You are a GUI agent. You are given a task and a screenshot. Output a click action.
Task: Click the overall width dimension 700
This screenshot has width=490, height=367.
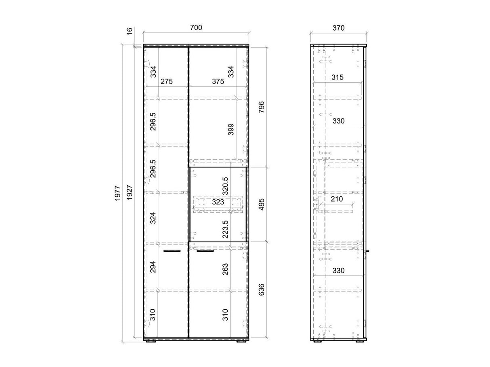[196, 28]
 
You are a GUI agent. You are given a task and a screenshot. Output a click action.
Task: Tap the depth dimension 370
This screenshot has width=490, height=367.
[338, 28]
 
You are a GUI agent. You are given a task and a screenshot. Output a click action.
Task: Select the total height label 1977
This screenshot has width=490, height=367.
[117, 193]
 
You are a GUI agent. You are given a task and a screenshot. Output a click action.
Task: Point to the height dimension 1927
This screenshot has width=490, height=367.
[130, 192]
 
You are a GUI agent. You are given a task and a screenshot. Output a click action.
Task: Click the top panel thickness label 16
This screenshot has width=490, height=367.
[130, 31]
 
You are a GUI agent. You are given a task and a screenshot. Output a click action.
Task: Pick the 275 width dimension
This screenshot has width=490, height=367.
[167, 81]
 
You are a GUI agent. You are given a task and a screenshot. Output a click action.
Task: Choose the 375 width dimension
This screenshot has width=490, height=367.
[218, 81]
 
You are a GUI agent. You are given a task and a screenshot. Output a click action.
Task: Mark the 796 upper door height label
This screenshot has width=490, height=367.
[261, 107]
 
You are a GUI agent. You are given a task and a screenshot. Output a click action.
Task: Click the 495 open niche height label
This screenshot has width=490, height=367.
[261, 204]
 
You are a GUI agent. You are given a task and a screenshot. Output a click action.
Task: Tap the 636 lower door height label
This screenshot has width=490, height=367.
[261, 290]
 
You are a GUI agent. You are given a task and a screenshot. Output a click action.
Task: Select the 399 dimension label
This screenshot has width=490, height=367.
[231, 129]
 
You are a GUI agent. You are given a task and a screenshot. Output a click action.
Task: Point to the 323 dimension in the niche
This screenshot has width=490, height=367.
[218, 202]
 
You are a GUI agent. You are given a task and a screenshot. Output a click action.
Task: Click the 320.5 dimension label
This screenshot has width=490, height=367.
[225, 186]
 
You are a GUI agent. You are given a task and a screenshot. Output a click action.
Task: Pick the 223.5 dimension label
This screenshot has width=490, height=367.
[225, 229]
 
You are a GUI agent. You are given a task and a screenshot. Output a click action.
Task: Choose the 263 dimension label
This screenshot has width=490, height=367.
[225, 269]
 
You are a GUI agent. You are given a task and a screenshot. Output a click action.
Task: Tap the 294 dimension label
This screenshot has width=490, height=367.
[153, 267]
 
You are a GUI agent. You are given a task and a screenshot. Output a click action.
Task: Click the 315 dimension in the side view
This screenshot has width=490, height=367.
[337, 77]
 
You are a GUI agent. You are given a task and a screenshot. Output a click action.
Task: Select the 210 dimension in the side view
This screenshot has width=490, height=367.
[337, 199]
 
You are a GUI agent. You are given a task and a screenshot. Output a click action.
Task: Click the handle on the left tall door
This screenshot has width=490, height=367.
[172, 251]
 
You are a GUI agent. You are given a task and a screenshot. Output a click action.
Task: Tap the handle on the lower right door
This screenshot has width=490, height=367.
[205, 251]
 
